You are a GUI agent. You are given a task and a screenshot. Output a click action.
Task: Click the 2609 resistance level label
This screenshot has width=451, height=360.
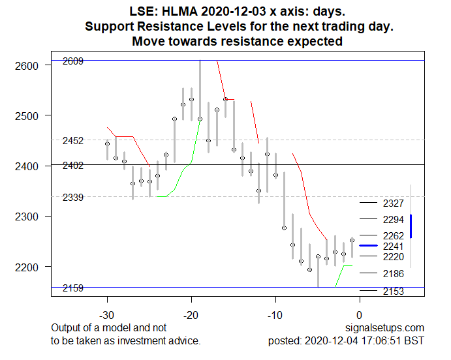pos(72,61)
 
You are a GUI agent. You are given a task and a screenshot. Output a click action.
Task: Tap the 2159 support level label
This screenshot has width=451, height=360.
pos(72,288)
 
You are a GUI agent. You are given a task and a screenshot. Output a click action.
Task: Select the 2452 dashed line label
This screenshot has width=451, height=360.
pos(72,141)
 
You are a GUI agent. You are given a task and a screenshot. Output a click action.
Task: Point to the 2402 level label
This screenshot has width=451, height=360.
pos(72,166)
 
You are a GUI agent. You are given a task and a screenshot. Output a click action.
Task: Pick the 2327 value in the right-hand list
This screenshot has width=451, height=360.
pos(394,203)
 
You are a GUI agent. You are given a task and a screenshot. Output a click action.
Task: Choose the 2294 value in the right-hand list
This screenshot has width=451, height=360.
pos(394,220)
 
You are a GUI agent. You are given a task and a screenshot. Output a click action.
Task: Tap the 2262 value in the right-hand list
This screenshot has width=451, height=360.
pos(394,235)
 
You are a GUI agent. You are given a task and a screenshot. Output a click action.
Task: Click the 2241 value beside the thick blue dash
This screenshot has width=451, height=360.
pos(394,246)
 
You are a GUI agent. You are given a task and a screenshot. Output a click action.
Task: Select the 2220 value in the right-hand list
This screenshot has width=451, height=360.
pos(394,257)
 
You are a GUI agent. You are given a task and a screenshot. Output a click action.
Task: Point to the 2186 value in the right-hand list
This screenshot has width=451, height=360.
pos(394,273)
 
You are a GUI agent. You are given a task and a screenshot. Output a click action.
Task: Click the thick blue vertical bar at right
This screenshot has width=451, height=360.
pos(411,226)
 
